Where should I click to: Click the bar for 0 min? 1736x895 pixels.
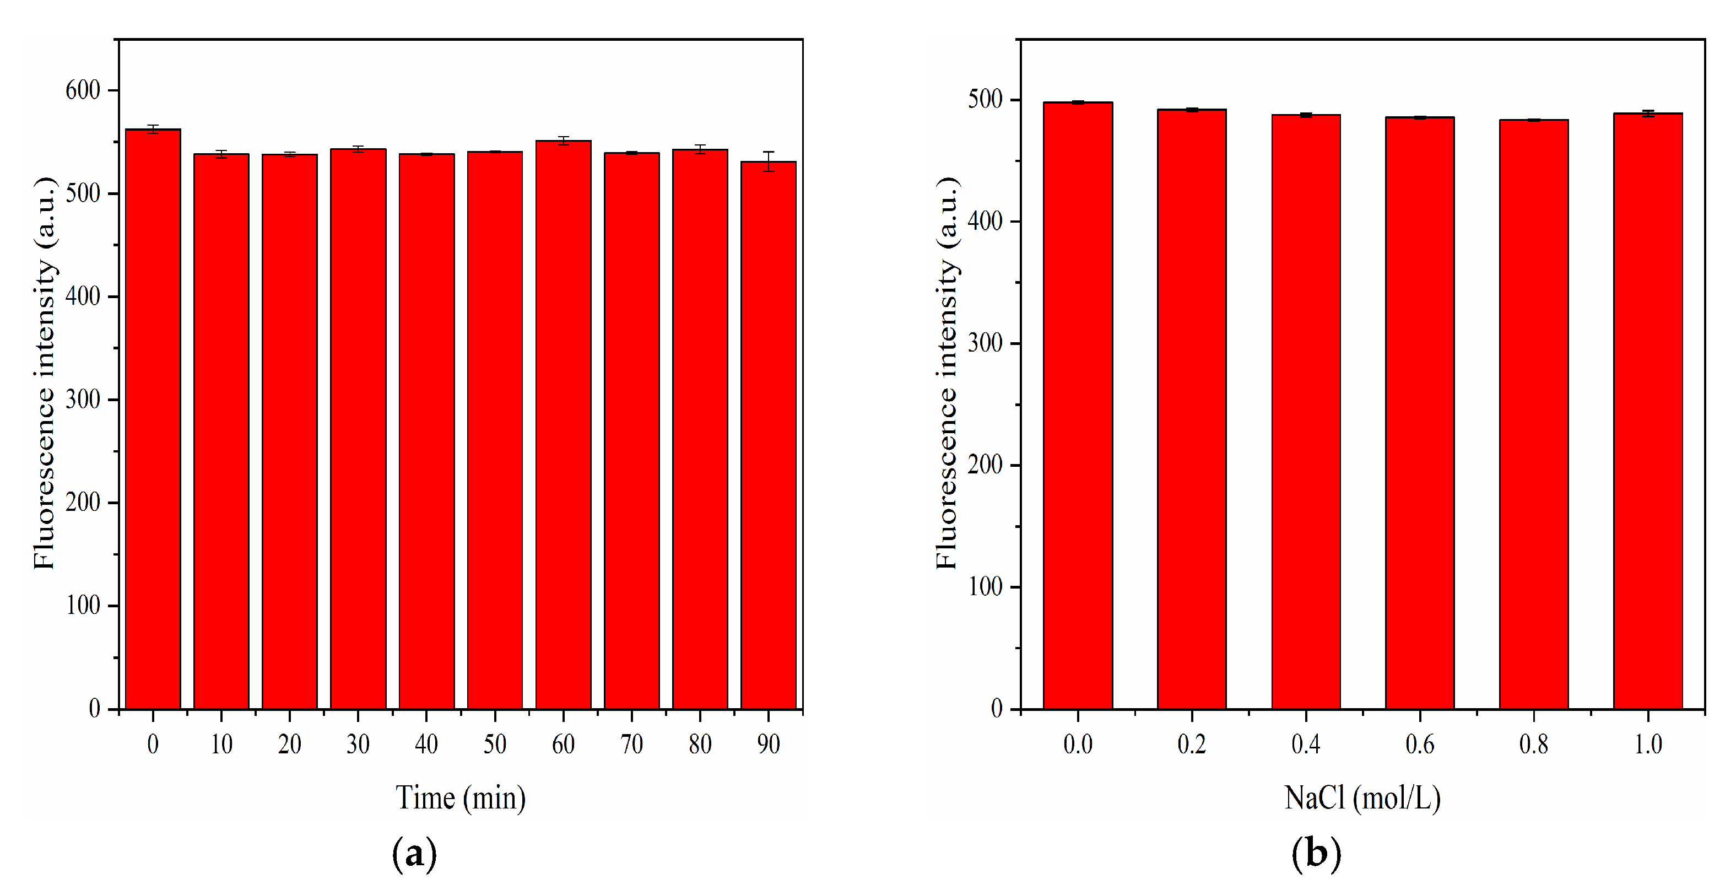[x=153, y=418]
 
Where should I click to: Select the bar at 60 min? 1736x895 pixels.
[x=564, y=424]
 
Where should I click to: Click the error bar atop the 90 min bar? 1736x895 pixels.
[x=768, y=161]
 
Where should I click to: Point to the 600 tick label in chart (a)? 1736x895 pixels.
[x=83, y=90]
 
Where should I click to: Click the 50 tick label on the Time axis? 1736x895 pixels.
[x=495, y=744]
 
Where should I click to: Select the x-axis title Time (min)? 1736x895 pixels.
[x=460, y=798]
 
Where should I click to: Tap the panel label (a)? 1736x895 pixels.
[x=414, y=853]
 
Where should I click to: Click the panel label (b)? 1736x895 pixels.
[x=1316, y=853]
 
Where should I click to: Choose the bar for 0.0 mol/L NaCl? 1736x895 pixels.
[x=1078, y=405]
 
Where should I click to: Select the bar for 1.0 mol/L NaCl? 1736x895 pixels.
[x=1648, y=411]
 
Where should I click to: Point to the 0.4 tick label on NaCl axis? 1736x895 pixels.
[x=1305, y=744]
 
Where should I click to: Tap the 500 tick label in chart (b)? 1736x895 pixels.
[x=985, y=100]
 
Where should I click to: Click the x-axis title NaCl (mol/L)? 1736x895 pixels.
[x=1362, y=798]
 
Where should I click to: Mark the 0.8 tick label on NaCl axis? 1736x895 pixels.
[x=1534, y=744]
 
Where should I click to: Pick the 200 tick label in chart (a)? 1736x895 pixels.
[x=83, y=502]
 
